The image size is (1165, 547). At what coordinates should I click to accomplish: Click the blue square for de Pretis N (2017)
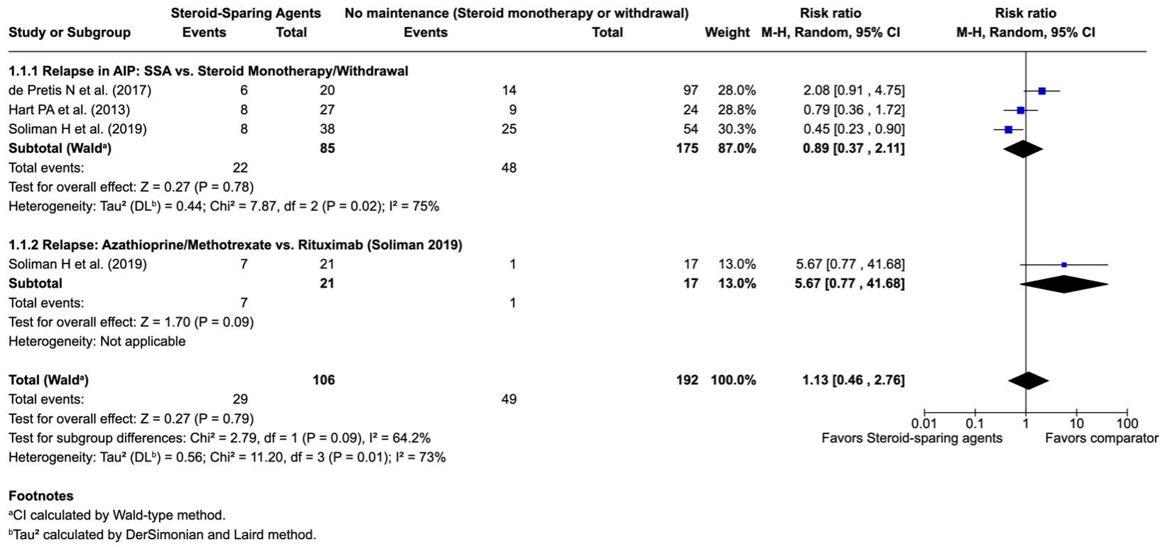(x=1041, y=91)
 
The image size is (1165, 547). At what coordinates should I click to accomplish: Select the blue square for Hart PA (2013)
(x=1020, y=110)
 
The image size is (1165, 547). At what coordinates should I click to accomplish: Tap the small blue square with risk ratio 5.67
(x=1064, y=265)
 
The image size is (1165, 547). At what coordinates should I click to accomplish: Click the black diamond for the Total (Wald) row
(x=1028, y=381)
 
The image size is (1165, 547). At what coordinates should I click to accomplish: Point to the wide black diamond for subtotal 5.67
(x=1064, y=284)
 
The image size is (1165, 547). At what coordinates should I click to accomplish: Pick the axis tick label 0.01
(x=924, y=423)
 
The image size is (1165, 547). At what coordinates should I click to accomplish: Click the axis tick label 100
(x=1127, y=423)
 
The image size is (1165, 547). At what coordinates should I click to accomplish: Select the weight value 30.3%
(x=737, y=129)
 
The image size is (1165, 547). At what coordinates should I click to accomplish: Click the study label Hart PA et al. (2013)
(x=69, y=109)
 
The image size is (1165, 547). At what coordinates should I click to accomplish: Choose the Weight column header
(x=727, y=33)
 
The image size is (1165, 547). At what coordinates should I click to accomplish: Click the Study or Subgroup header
(x=70, y=33)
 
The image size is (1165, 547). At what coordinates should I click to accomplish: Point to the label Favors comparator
(x=1102, y=438)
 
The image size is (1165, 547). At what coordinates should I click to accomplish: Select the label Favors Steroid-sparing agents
(x=911, y=438)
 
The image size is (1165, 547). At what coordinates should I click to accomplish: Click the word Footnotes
(x=41, y=496)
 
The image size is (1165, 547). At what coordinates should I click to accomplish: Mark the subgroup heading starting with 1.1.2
(x=236, y=245)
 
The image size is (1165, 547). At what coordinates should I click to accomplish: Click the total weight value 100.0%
(x=733, y=380)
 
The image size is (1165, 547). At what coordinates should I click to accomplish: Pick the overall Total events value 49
(x=509, y=399)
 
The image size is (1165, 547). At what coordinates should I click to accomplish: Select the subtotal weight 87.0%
(x=737, y=148)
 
